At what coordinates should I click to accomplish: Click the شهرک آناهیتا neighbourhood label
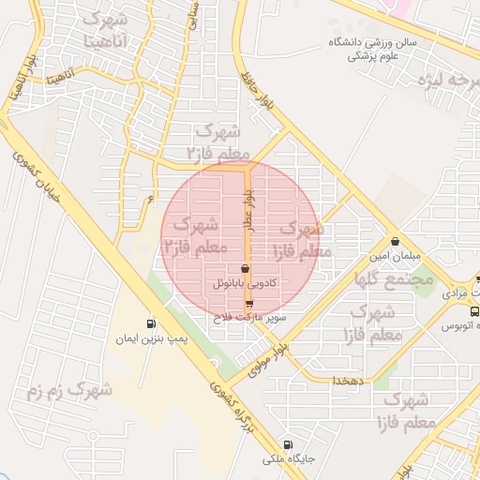[103, 30]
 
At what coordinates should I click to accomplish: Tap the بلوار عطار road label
[249, 211]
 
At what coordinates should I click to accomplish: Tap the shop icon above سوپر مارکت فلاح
[248, 304]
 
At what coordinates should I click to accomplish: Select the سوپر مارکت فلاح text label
[248, 318]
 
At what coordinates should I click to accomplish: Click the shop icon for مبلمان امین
[395, 239]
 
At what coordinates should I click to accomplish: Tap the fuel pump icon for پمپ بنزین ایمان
[151, 321]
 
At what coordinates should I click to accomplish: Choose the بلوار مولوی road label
[273, 357]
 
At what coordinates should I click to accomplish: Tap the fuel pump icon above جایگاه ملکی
[287, 444]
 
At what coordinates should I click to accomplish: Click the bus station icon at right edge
[474, 310]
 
